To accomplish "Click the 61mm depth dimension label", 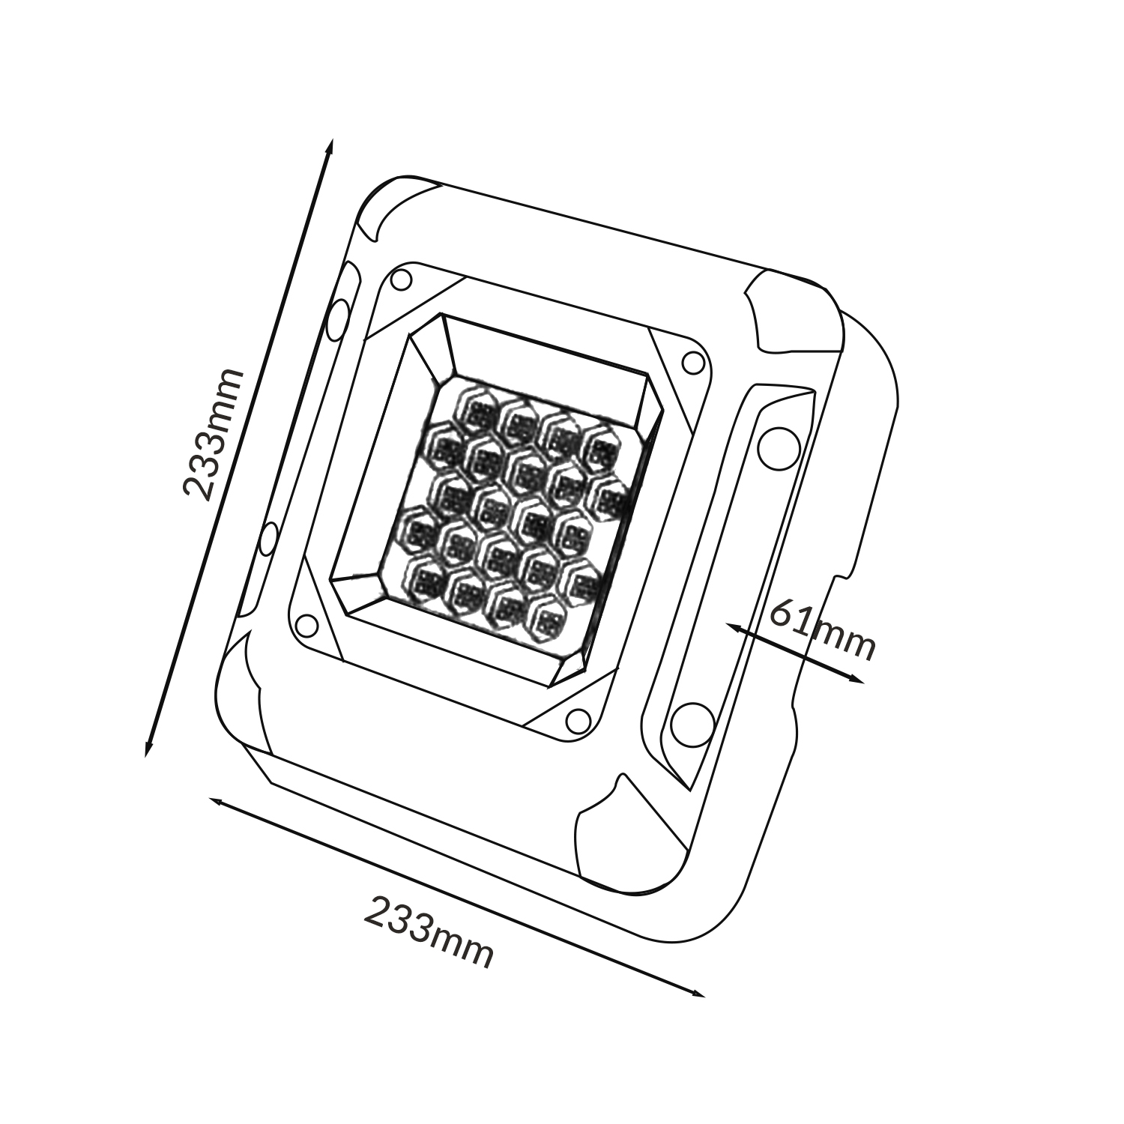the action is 822,632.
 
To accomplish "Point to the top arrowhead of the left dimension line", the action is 329,145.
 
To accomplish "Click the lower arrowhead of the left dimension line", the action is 148,749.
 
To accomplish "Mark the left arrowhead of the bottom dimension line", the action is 216,802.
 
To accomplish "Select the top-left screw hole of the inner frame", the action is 402,280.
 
